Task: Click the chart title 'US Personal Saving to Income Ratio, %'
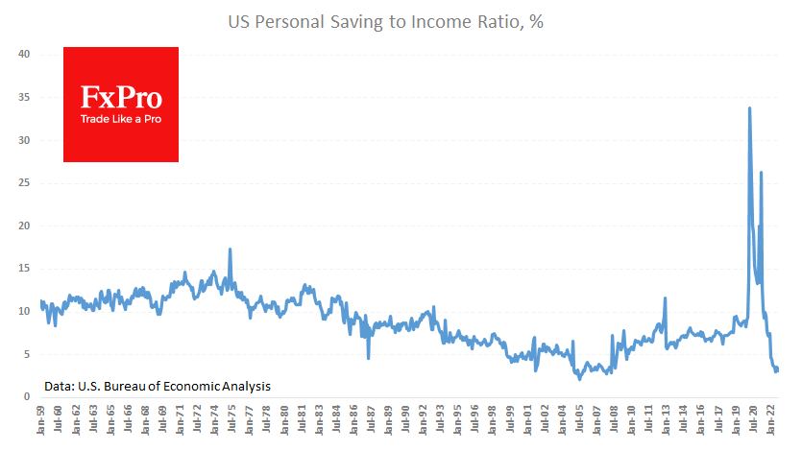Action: pos(400,20)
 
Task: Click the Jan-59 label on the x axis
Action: pos(40,421)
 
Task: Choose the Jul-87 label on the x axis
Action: pos(373,421)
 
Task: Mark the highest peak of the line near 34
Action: pos(749,108)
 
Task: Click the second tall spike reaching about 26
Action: pos(761,173)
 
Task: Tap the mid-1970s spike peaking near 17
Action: pos(230,249)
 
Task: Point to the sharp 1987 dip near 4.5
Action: pos(368,357)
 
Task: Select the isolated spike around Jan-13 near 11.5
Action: pos(664,298)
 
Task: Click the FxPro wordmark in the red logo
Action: pos(120,98)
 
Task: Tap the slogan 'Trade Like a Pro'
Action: pos(120,119)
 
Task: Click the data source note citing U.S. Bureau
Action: pos(157,386)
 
